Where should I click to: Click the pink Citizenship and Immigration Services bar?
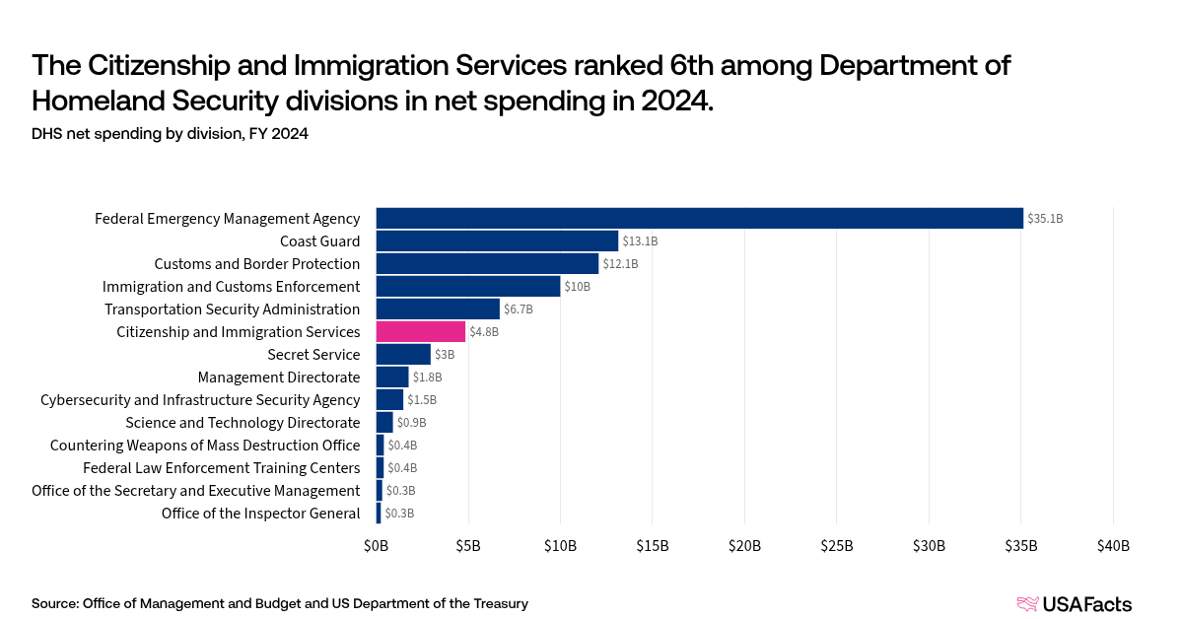click(x=420, y=332)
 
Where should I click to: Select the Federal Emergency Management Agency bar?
click(x=699, y=219)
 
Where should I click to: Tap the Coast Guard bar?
click(x=497, y=241)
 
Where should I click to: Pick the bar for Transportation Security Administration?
click(x=438, y=309)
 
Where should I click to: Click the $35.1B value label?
click(x=1045, y=219)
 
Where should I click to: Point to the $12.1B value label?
click(x=620, y=264)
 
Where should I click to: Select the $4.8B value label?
click(x=484, y=332)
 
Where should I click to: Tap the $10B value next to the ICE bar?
click(x=578, y=287)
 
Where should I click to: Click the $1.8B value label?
click(x=427, y=378)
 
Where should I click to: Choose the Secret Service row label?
click(x=313, y=355)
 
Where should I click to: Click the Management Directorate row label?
click(x=279, y=378)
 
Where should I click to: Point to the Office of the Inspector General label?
click(x=260, y=514)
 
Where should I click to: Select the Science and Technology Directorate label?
click(x=243, y=423)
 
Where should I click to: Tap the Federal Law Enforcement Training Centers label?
click(x=221, y=468)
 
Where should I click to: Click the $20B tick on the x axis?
click(x=744, y=546)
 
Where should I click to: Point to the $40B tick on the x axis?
click(x=1113, y=546)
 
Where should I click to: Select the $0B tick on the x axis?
click(x=376, y=546)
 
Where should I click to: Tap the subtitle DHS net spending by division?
click(x=170, y=134)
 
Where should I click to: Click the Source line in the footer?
click(x=279, y=603)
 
